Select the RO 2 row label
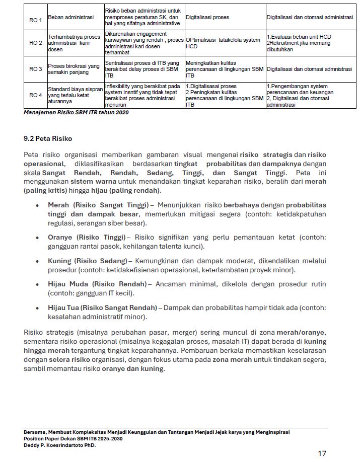pyautogui.click(x=35, y=43)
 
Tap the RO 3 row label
pyautogui.click(x=35, y=69)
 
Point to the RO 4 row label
pyautogui.click(x=35, y=95)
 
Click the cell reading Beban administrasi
pyautogui.click(x=70, y=17)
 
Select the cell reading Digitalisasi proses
pyautogui.click(x=207, y=17)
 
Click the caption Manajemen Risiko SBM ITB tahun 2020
pyautogui.click(x=76, y=112)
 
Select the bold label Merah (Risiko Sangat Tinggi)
pyautogui.click(x=98, y=205)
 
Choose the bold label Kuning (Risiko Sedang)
pyautogui.click(x=87, y=261)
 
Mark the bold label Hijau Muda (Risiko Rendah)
pyautogui.click(x=97, y=284)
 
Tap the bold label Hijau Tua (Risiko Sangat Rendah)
pyautogui.click(x=102, y=307)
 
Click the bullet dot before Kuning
pyautogui.click(x=38, y=261)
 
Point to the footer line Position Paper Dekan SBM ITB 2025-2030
pyautogui.click(x=73, y=438)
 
